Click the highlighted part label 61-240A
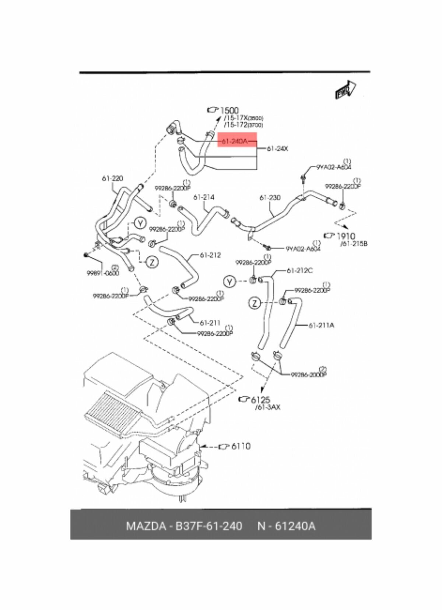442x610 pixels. [235, 141]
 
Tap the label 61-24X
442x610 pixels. [277, 149]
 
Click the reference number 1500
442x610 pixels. [229, 110]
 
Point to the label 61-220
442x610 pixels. [112, 179]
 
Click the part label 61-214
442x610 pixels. [204, 197]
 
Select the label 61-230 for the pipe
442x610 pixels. [270, 198]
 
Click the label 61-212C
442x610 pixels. [299, 271]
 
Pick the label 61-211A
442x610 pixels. [321, 325]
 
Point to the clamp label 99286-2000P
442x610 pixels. [308, 375]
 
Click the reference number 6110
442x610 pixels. [241, 446]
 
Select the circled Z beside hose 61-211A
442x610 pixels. [255, 303]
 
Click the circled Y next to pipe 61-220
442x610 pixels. [140, 223]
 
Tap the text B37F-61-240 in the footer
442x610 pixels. [208, 526]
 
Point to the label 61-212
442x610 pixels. [210, 255]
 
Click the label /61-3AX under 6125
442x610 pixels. [267, 408]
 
